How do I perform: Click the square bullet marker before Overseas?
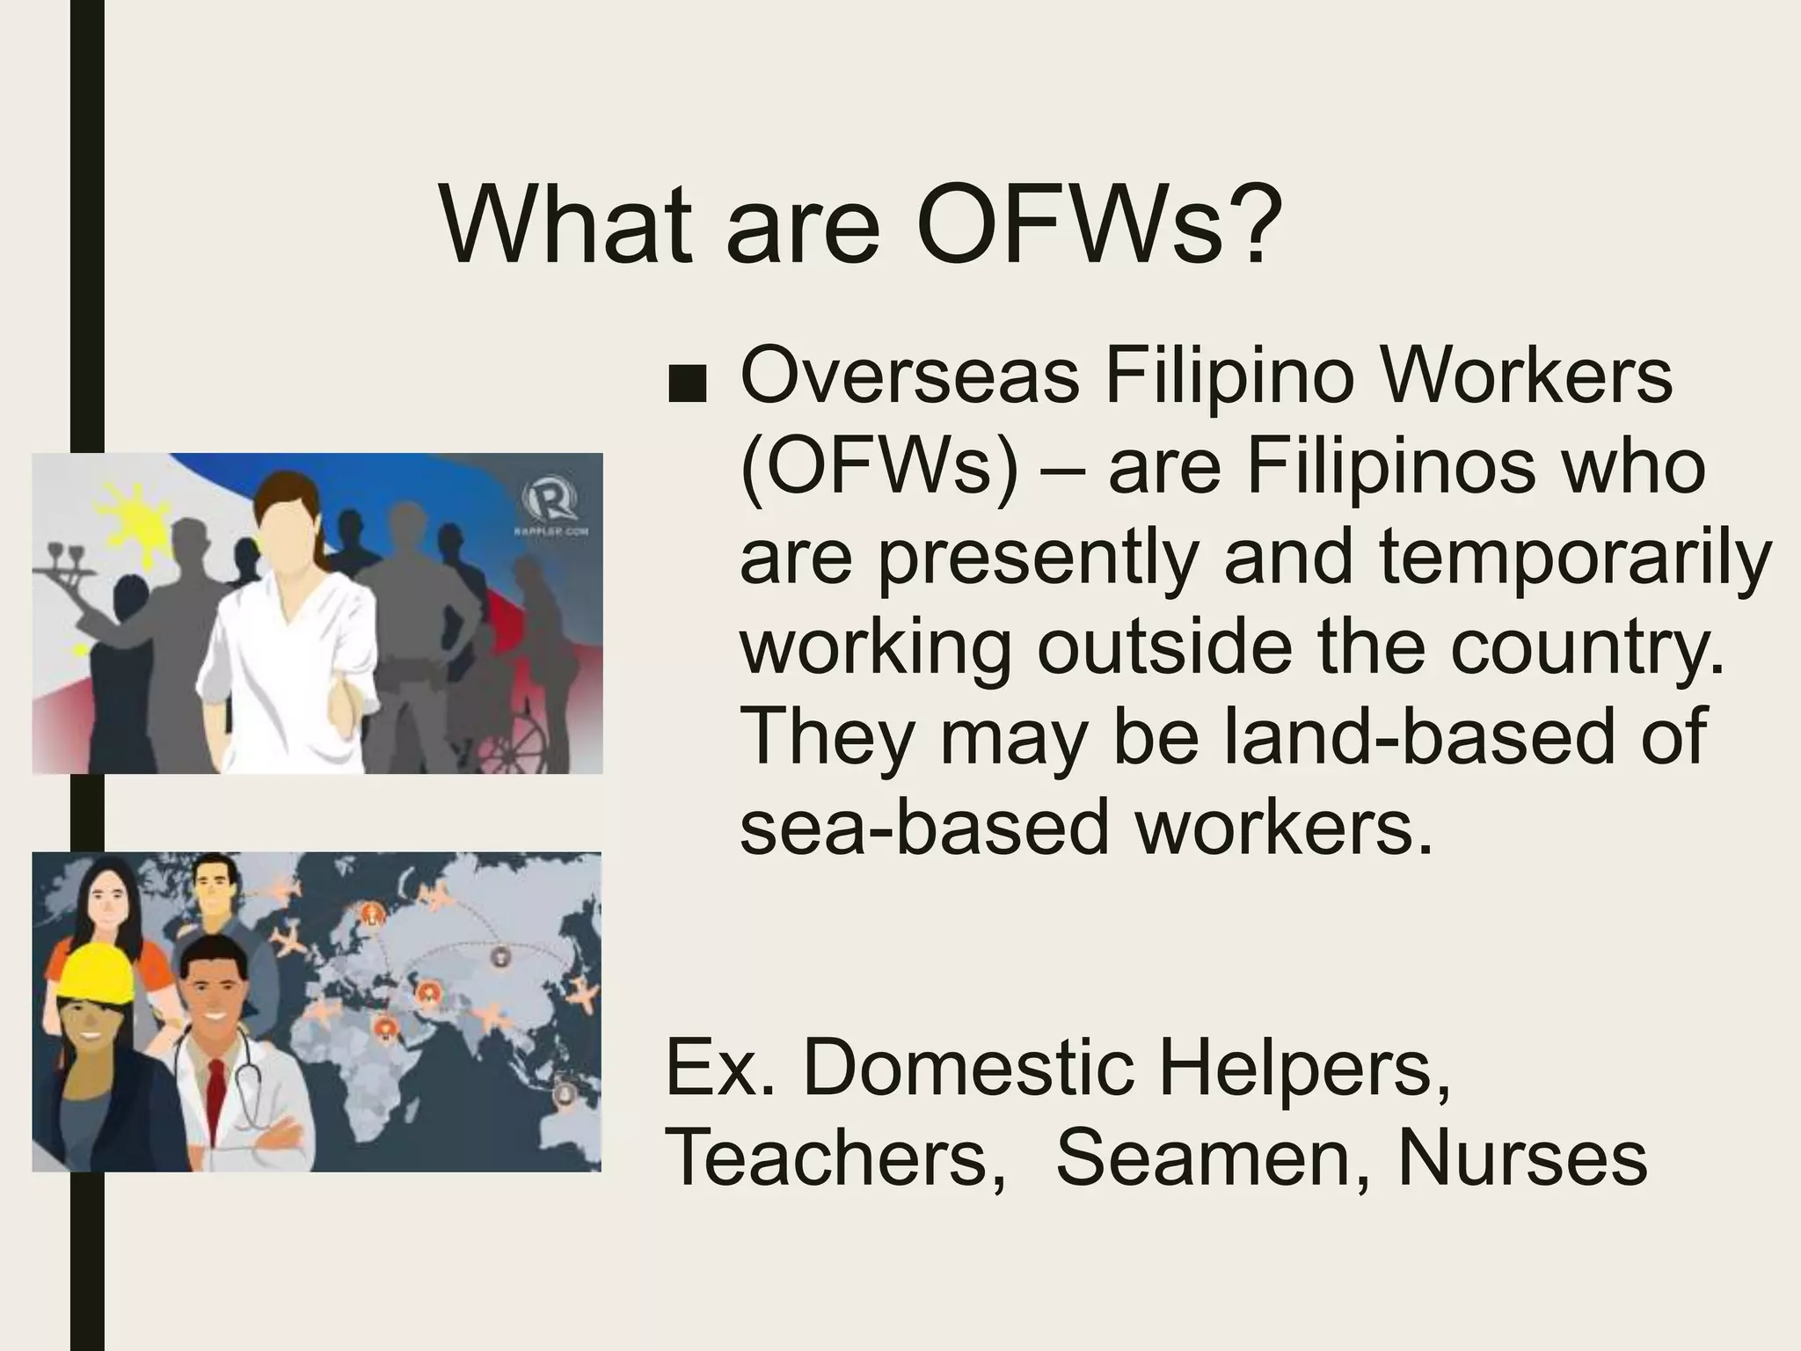pyautogui.click(x=687, y=387)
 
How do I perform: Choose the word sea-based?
pyautogui.click(x=923, y=828)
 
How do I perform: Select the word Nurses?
pyautogui.click(x=1521, y=1157)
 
